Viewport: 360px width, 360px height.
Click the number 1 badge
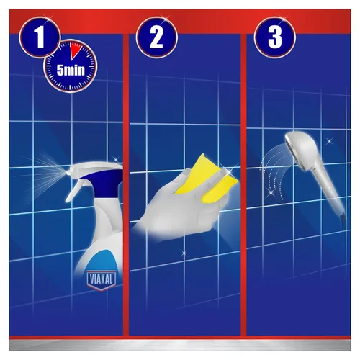click(x=40, y=37)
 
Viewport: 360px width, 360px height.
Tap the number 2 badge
click(x=157, y=37)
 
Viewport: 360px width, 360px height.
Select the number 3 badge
click(x=275, y=37)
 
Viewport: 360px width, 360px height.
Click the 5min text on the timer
click(x=71, y=70)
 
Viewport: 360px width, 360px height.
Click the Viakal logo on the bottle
click(x=102, y=280)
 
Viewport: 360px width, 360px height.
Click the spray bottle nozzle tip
click(x=68, y=172)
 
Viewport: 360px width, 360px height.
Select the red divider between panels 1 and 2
click(x=126, y=185)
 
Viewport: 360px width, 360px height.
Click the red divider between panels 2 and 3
click(x=243, y=185)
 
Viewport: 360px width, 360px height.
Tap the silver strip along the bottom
click(x=180, y=345)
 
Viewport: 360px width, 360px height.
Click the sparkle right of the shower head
click(x=329, y=141)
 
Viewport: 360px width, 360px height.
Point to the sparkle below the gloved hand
click(x=184, y=253)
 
